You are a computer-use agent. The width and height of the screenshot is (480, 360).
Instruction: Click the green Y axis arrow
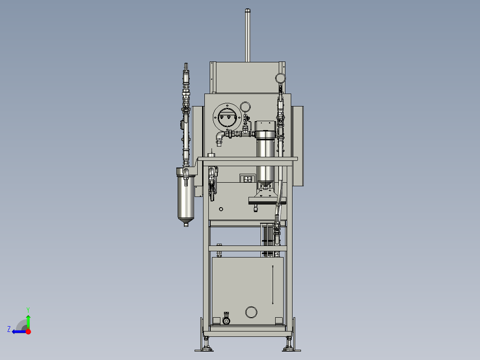click(x=28, y=322)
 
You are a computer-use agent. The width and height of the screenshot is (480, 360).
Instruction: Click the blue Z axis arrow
click(x=19, y=331)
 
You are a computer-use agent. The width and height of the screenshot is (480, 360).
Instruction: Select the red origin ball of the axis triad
click(x=28, y=331)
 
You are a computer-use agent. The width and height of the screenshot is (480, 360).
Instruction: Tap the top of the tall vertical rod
click(x=248, y=11)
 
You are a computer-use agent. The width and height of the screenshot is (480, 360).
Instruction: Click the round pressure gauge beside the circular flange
click(x=245, y=107)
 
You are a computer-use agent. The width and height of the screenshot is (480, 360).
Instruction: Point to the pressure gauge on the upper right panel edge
click(x=280, y=78)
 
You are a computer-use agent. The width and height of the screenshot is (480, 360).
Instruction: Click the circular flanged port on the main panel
click(x=227, y=117)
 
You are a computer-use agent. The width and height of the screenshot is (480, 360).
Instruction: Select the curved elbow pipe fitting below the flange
click(x=220, y=137)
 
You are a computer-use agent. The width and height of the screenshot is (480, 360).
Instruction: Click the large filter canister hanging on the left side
click(x=186, y=196)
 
